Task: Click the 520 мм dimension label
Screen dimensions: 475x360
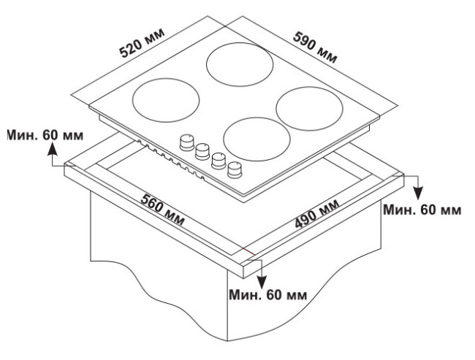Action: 142,42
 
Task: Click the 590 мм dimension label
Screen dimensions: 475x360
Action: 315,48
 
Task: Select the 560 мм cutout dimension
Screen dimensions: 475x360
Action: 162,210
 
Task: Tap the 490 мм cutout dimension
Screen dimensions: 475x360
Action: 317,214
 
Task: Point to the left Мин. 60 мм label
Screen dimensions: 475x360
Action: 45,135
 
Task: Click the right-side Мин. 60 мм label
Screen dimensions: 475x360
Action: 422,210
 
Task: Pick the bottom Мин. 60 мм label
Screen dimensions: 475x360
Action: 267,294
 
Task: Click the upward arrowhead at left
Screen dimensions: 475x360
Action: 53,149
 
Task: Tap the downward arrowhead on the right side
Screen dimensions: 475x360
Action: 418,194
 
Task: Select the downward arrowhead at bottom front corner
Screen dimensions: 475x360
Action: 262,282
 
